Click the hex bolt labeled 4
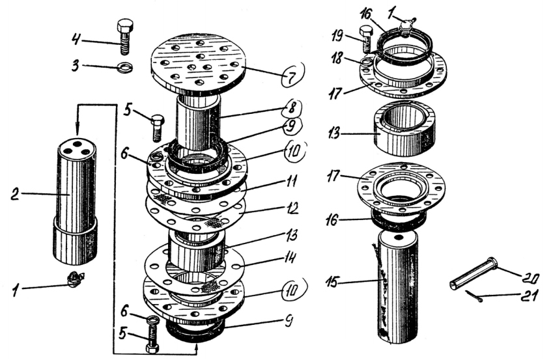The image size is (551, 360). tap(125, 36)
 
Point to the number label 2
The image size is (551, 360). tap(15, 194)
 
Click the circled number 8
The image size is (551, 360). tap(292, 108)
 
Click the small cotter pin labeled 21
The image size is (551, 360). tap(474, 296)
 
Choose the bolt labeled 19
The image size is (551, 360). tap(365, 40)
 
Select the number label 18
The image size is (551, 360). tap(336, 59)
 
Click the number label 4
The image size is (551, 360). tap(77, 38)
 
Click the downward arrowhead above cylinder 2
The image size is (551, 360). tap(78, 130)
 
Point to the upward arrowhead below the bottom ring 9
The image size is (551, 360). tap(196, 348)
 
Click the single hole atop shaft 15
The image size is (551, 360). tap(398, 238)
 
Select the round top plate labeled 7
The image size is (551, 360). tap(197, 63)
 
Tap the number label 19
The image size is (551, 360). tap(337, 36)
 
